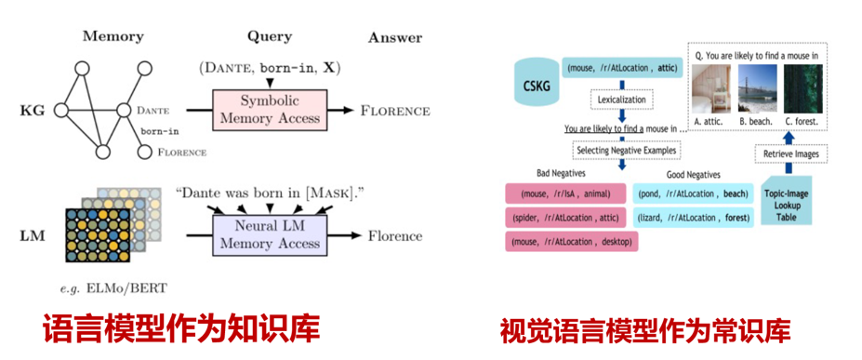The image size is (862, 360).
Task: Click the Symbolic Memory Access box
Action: tap(269, 111)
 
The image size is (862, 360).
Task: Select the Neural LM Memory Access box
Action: tap(270, 235)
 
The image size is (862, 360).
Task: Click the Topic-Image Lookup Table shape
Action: tap(786, 200)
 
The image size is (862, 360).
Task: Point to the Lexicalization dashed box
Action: tap(622, 100)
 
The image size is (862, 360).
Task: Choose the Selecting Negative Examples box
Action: tap(625, 150)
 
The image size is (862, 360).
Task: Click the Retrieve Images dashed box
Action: tap(788, 153)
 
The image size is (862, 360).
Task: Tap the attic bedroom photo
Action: tap(710, 88)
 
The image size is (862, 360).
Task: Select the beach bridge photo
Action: tap(756, 88)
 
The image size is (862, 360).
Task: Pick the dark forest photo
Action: tap(803, 88)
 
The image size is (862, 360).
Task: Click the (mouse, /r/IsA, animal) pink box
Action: tap(565, 193)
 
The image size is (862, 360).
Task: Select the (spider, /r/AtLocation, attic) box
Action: tap(565, 218)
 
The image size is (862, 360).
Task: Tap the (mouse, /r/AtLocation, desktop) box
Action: tap(572, 242)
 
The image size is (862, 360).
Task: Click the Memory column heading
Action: tap(113, 37)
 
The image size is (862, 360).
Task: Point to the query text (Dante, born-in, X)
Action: tap(270, 69)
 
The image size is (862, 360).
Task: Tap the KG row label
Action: tap(33, 111)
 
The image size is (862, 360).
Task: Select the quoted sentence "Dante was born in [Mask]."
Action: tap(271, 193)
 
